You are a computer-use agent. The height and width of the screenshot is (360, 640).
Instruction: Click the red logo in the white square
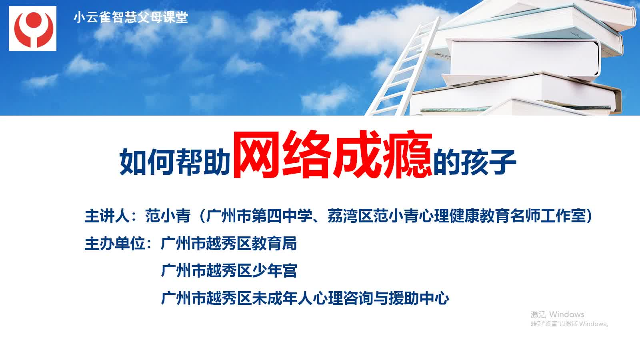pos(34,29)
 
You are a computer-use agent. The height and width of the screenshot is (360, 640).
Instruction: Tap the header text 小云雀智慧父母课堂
pos(131,17)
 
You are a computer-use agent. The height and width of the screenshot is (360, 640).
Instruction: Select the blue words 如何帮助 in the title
pos(175,162)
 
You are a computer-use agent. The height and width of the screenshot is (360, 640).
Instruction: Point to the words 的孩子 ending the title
pos(475,162)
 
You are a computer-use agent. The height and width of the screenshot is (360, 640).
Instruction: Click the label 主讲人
pos(107,216)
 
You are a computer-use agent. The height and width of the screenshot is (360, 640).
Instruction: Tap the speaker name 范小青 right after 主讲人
pos(168,216)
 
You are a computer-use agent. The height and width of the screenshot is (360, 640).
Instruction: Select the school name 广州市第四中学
pos(259,216)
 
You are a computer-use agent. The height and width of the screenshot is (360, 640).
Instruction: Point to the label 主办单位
pos(115,244)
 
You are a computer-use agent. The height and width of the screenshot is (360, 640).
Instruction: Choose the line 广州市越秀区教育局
pos(229,244)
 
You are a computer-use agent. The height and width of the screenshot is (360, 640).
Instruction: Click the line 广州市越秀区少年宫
pos(229,270)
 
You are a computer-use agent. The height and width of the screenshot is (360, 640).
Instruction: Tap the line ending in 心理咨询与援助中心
pos(305,298)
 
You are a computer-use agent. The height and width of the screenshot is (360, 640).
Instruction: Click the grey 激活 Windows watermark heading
pos(558,314)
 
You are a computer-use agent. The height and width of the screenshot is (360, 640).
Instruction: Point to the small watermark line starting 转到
pos(570,324)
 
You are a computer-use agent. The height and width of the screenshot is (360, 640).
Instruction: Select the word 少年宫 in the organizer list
pos(274,270)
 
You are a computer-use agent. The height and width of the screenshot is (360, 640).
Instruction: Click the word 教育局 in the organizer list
pos(274,244)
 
